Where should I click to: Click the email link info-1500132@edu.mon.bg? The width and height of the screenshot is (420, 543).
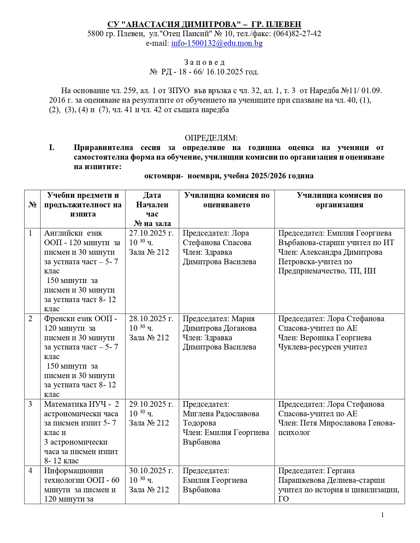click(217, 43)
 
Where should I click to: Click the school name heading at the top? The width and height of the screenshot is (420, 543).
click(204, 24)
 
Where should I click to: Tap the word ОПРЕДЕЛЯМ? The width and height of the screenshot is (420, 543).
click(211, 138)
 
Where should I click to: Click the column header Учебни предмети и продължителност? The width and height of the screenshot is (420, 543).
click(83, 204)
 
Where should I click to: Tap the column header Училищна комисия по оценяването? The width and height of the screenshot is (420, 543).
click(227, 200)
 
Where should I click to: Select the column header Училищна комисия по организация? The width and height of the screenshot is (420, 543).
click(339, 200)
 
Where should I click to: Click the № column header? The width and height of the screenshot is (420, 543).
click(32, 205)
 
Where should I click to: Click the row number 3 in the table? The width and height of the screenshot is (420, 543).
click(30, 404)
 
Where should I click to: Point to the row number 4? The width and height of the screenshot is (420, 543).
click(30, 471)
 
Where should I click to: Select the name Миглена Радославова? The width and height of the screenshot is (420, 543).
click(221, 414)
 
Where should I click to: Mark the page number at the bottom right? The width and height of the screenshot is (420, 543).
click(382, 515)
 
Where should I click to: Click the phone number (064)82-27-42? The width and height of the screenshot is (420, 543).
click(297, 34)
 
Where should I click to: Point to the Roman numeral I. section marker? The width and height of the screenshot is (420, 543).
click(52, 147)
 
